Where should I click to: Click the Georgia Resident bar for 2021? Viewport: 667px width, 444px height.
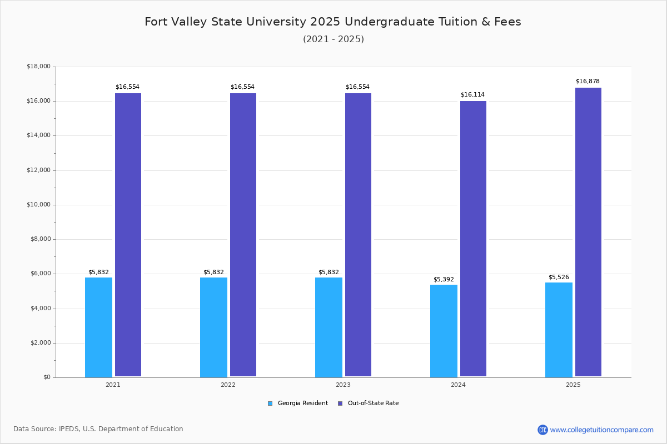[x=98, y=327]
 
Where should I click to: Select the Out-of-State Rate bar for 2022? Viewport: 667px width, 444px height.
[x=243, y=235]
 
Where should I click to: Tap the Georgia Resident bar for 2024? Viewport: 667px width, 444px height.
[x=444, y=331]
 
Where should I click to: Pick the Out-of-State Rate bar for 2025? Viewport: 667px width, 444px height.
[x=588, y=232]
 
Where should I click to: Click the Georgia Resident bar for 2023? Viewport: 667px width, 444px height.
[x=328, y=327]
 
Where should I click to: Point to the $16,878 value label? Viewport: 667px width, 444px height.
[x=588, y=82]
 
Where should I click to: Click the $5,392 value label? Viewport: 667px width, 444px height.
[x=444, y=280]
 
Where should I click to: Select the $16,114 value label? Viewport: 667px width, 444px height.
[x=472, y=95]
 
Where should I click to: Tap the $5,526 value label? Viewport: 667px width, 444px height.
[x=559, y=277]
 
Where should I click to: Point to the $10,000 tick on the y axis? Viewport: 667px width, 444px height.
[x=38, y=205]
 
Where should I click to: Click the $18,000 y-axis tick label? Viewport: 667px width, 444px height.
[x=38, y=67]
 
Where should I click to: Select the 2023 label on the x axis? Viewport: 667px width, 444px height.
[x=343, y=385]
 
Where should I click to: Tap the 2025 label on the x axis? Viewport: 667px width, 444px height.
[x=573, y=385]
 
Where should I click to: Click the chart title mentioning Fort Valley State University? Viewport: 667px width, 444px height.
[x=333, y=22]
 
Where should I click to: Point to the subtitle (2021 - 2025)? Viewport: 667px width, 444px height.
[x=333, y=39]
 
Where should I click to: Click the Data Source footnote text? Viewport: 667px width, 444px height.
[x=98, y=429]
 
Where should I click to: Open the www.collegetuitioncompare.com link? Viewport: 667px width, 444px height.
[x=601, y=430]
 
